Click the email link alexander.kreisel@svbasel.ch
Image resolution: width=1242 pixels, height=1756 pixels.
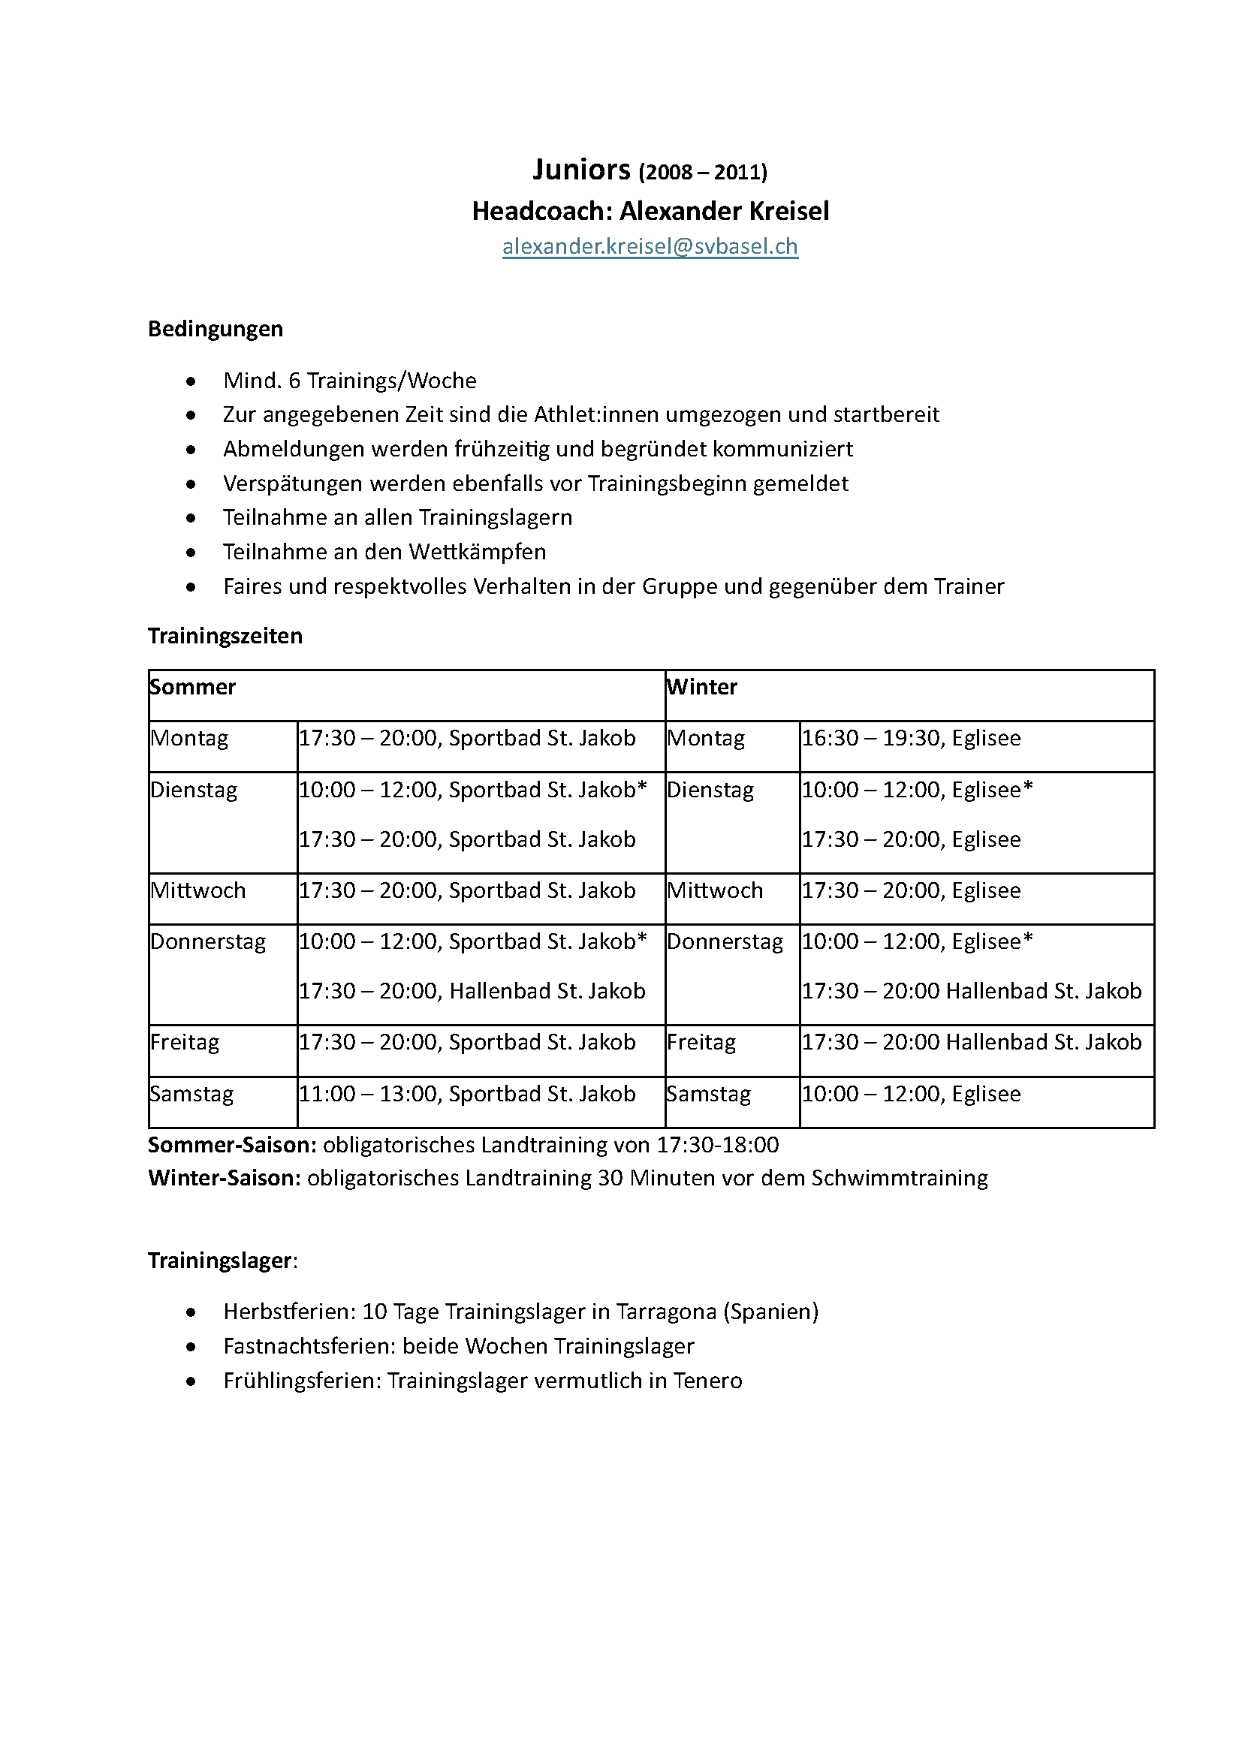coord(650,246)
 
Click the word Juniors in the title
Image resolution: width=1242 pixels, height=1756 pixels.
coord(581,170)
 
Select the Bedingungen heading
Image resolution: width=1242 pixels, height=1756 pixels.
coord(215,329)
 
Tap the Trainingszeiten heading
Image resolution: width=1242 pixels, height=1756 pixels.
coord(225,636)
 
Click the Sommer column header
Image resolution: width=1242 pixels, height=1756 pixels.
coord(193,687)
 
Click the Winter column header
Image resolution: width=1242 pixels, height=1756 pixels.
coord(702,687)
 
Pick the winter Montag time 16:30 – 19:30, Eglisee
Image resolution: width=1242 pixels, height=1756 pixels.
coord(910,738)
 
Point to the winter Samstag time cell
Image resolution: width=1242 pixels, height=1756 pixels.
coord(910,1094)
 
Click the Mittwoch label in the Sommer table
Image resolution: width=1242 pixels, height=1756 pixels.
coord(198,890)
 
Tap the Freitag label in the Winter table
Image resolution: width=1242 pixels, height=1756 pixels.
coord(701,1043)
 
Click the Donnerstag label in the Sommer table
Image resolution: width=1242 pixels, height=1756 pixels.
coord(208,941)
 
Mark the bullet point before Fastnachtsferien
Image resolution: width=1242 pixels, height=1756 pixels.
coord(191,1347)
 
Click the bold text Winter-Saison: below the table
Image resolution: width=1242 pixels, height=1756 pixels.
coord(224,1178)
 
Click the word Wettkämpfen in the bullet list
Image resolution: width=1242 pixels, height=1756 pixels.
coord(478,553)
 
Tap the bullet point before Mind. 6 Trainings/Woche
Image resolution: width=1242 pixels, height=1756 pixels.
coord(191,381)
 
